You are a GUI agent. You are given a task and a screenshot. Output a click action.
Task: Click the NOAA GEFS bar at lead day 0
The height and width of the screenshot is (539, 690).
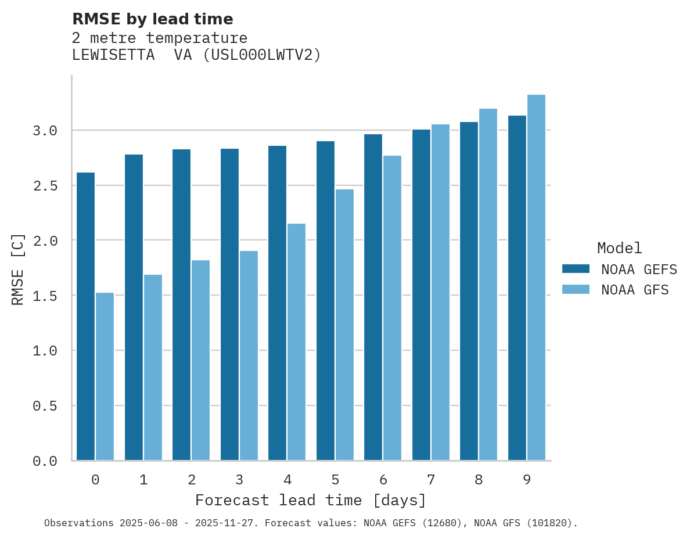85,317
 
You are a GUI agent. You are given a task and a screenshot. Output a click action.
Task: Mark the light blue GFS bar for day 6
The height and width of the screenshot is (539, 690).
392,308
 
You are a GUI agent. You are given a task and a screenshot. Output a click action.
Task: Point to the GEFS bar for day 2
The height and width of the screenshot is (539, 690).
181,304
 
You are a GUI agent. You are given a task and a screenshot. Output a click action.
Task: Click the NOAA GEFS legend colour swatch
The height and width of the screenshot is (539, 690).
576,269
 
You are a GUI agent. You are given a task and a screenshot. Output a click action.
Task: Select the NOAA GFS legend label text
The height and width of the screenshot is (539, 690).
635,290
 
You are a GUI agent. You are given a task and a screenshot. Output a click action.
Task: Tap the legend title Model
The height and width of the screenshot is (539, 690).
619,248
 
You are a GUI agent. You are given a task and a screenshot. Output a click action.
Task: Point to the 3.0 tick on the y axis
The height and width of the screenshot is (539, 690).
45,131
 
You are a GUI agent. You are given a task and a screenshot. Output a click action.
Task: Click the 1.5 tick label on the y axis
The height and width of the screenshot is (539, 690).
45,296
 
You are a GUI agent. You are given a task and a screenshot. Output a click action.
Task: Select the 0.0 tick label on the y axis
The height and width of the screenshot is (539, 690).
45,461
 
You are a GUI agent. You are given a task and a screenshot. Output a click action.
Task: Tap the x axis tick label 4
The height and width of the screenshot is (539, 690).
287,480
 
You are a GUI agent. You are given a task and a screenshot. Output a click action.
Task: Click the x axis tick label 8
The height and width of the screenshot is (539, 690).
479,480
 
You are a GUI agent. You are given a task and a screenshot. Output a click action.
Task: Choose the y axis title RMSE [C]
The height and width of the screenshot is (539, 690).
18,269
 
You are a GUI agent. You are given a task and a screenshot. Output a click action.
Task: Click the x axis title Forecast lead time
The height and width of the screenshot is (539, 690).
310,500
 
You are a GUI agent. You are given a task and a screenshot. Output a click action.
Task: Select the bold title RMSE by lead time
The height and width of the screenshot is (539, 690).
152,19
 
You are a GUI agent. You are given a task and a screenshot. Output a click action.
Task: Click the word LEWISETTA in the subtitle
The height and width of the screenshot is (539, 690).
113,55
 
